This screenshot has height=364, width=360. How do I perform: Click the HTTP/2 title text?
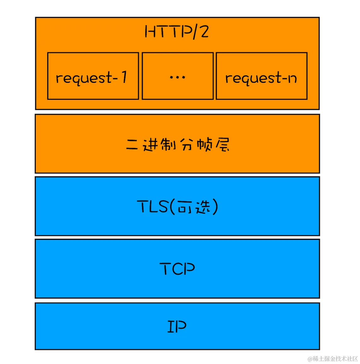coord(177,32)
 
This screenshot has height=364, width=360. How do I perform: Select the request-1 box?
coord(93,76)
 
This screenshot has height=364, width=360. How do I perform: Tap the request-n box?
coord(261,76)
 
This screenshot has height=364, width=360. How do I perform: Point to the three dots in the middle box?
coord(177,77)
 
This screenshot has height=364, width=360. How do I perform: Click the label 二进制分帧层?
coord(177,145)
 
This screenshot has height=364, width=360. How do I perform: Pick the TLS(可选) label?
coord(177,207)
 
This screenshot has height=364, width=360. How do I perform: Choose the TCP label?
coord(177,269)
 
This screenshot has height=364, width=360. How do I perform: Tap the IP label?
coord(177,327)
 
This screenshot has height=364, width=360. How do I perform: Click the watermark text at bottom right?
coord(333,359)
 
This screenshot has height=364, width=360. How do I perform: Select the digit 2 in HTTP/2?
coord(204,32)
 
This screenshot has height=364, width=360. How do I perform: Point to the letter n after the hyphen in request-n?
coord(292,78)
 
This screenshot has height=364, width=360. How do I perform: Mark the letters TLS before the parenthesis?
coord(153,207)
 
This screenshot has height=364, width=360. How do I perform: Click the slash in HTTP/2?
coord(195,32)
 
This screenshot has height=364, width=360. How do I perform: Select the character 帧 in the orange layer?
coord(204,145)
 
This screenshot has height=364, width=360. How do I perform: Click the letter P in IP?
coord(181,327)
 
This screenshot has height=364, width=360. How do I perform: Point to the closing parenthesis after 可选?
coord(215,207)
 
